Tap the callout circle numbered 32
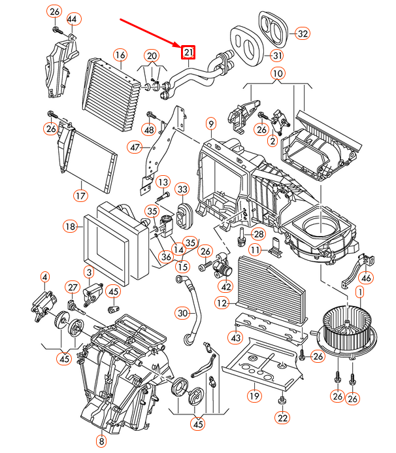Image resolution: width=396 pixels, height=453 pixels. tap(301, 33)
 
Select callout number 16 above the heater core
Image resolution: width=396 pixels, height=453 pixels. tap(120, 55)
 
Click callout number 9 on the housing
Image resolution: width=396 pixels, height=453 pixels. tap(210, 124)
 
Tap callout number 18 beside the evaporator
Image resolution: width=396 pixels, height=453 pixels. tap(71, 227)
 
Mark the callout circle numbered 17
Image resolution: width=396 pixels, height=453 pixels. tap(80, 195)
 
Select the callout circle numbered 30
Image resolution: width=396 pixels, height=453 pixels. tap(182, 314)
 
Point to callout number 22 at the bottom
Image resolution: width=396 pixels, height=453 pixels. tap(282, 418)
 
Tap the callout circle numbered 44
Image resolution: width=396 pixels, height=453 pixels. tap(72, 20)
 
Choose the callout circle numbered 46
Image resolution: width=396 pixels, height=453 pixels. tap(366, 279)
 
